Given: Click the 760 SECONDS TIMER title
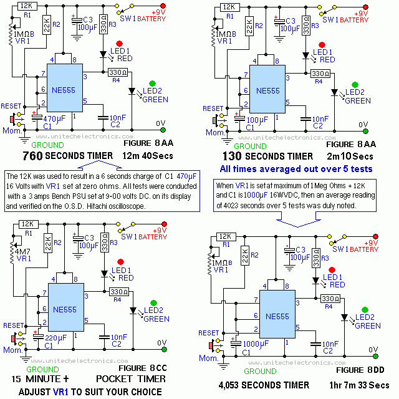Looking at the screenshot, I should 67,155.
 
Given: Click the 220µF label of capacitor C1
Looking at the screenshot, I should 54,337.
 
